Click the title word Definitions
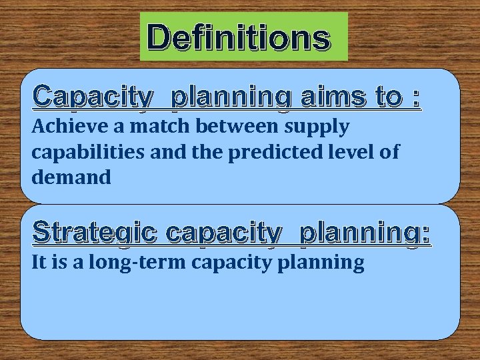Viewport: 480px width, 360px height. click(239, 37)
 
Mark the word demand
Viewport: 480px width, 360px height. click(71, 177)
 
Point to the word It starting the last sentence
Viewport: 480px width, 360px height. click(39, 262)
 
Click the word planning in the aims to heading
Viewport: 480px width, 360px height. click(231, 98)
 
